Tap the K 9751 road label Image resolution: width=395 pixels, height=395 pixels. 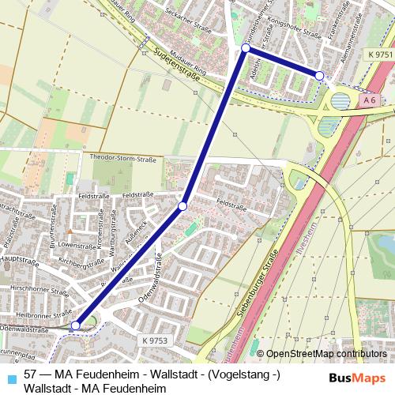pos(379,54)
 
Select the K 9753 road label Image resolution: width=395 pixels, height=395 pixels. pos(156,340)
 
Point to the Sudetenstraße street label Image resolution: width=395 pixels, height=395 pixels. pos(177,65)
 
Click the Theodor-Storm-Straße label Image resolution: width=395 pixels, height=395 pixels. pos(122,159)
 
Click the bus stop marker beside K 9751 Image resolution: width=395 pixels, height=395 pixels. pos(319,75)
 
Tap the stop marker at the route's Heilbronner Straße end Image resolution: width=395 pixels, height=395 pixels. pos(76,325)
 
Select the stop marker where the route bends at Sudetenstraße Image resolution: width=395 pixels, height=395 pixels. pos(245,48)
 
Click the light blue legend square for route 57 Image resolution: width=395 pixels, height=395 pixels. pos(9,374)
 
